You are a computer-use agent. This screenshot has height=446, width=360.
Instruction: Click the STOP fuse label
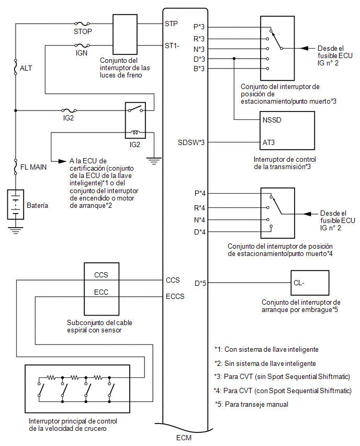(83, 31)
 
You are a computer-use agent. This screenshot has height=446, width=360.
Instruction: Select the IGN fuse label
(81, 53)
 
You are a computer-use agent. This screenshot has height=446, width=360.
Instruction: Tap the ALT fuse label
(26, 68)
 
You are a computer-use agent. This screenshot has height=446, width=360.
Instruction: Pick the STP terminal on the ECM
(171, 24)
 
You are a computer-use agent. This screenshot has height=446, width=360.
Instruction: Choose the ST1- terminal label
(172, 46)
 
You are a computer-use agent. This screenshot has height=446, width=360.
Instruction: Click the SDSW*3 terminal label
(191, 142)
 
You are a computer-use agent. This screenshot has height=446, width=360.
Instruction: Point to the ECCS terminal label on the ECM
(175, 296)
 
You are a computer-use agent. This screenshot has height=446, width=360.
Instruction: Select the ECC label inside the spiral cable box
(101, 292)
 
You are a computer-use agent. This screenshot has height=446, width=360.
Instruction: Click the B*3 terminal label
(199, 69)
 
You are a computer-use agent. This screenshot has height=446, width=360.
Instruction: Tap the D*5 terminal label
(200, 283)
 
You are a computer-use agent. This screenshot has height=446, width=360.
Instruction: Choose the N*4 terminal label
(199, 219)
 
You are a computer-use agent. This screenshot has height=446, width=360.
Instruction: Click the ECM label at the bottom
(184, 438)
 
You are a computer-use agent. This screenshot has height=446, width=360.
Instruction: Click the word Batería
(37, 206)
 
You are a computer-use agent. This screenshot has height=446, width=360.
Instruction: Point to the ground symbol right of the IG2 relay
(153, 160)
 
